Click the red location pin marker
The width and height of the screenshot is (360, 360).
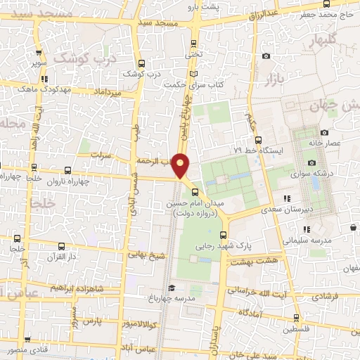(x=181, y=165)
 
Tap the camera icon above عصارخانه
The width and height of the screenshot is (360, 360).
(x=324, y=132)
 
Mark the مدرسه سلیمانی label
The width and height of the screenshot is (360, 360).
(x=308, y=240)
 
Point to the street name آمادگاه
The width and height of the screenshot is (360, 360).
(x=251, y=311)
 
